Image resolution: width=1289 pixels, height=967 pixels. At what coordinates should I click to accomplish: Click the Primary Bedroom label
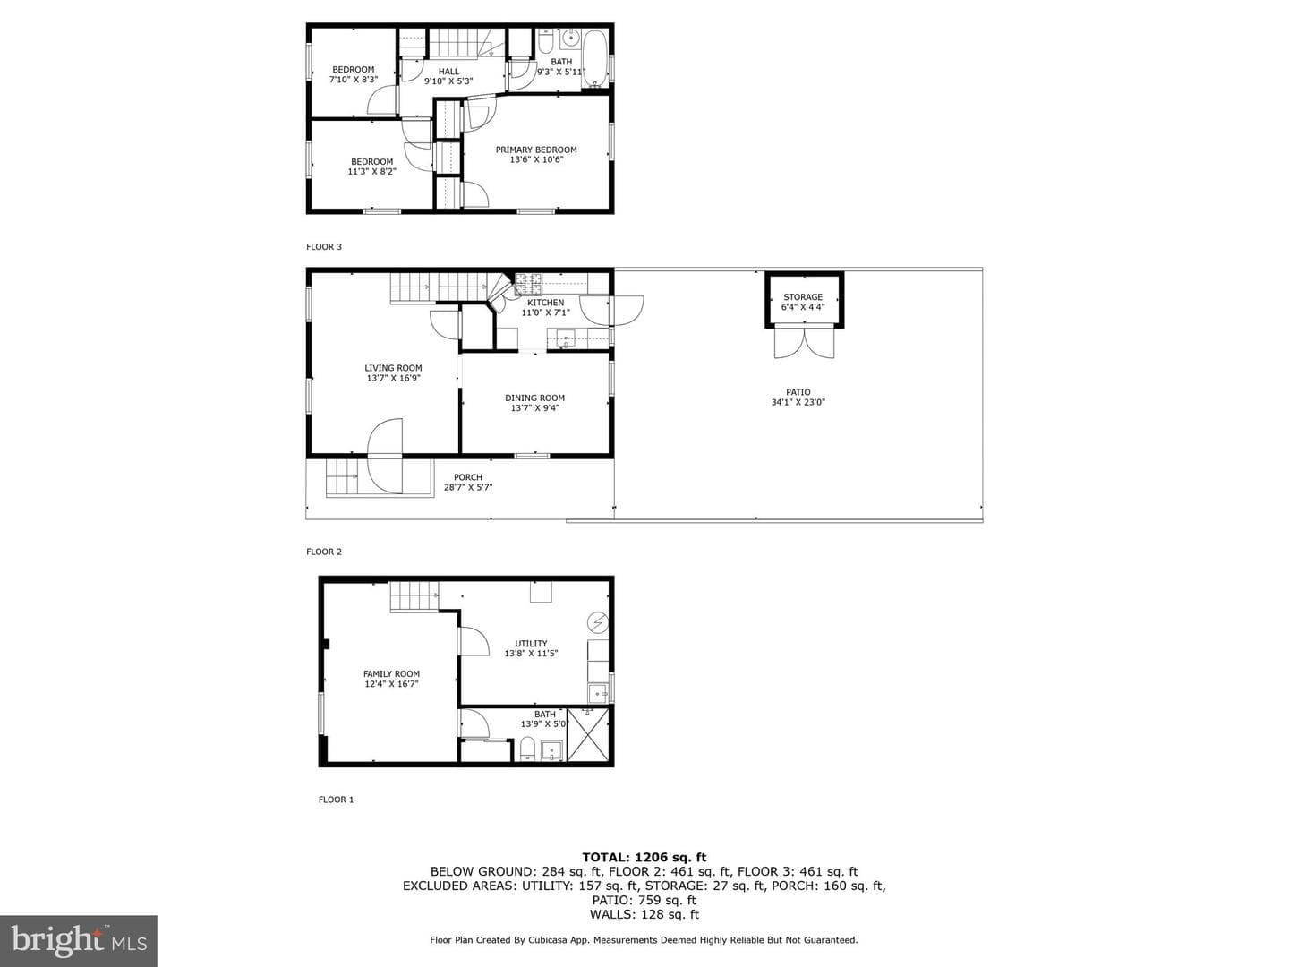tap(535, 150)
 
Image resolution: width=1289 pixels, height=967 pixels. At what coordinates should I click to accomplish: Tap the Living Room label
tap(393, 368)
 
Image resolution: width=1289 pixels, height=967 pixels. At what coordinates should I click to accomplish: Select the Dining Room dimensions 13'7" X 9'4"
tap(534, 408)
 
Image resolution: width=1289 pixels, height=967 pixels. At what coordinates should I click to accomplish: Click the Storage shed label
tap(803, 297)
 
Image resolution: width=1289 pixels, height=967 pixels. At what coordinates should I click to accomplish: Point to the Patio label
tap(798, 392)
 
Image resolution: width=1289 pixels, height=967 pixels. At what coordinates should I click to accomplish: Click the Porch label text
tap(468, 477)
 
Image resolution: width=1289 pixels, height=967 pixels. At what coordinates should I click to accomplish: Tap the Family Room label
tap(391, 674)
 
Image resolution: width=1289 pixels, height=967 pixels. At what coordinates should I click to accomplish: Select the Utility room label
tap(531, 644)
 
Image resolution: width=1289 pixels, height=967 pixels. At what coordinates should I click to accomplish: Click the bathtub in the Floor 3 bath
tap(595, 59)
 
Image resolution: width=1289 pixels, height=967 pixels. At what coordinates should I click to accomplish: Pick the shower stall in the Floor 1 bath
tap(587, 735)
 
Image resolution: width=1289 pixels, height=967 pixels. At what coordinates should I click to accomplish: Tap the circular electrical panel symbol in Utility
tap(598, 622)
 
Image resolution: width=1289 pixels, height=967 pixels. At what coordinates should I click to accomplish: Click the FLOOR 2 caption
tap(323, 552)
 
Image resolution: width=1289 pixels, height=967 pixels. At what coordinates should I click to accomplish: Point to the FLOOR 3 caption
tap(323, 247)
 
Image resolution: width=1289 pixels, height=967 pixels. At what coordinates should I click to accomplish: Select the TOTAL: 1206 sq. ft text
tap(644, 857)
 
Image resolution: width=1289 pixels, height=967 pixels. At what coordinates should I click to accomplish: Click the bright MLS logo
tap(79, 940)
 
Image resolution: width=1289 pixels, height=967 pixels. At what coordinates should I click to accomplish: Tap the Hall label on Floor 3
tap(448, 72)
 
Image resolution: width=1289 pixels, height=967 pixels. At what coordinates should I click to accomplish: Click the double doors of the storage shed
tap(804, 342)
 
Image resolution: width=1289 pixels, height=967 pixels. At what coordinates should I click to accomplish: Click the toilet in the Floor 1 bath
tap(528, 749)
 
